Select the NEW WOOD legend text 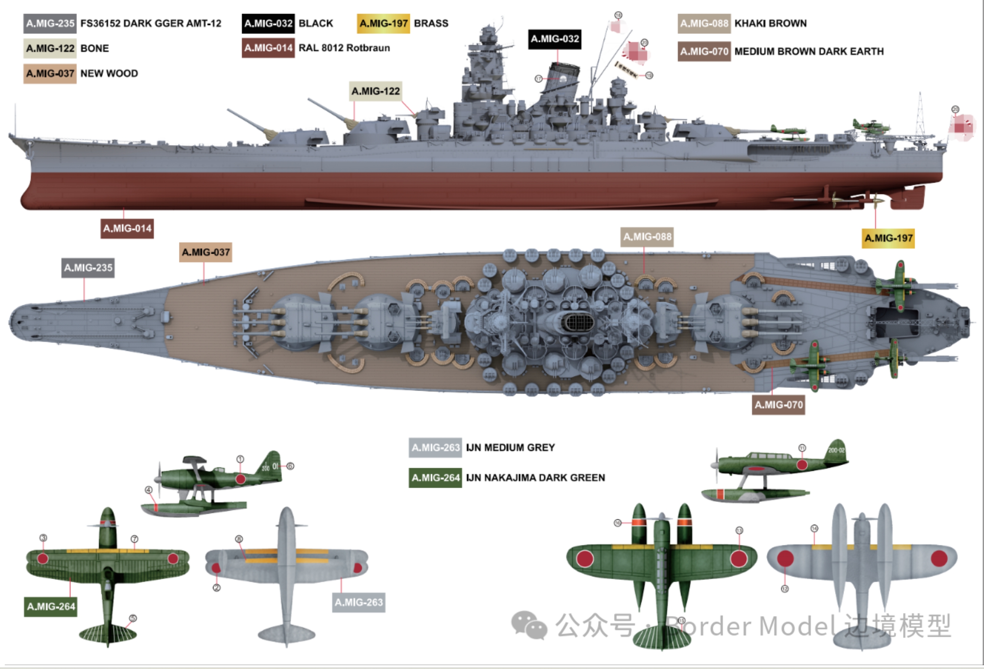pos(109,74)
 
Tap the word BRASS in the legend pos(431,23)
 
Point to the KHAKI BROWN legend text pos(770,23)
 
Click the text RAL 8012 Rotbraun pos(344,48)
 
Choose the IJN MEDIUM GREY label pos(510,448)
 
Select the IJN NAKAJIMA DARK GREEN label pos(535,478)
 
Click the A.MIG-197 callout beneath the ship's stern pos(888,238)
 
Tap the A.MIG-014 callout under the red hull pos(127,229)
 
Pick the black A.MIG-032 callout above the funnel pos(555,39)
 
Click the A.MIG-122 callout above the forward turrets pos(375,91)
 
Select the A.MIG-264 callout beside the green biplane pos(51,607)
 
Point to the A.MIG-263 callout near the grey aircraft pos(359,602)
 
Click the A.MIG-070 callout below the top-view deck pos(778,405)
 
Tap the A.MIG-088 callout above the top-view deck pos(647,237)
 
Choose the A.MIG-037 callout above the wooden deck pos(205,252)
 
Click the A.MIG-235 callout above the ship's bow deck pos(88,268)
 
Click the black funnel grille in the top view pos(578,323)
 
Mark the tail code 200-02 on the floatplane pos(836,450)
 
